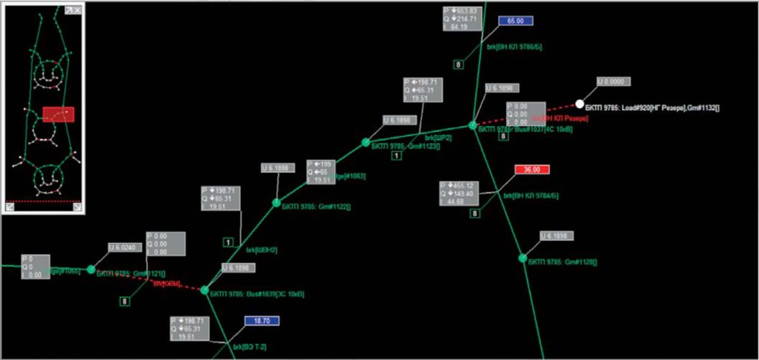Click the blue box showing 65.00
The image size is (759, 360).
tap(516, 21)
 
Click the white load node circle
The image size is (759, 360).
tap(580, 104)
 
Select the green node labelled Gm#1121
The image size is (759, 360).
tap(91, 270)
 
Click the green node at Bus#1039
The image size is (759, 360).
tap(205, 290)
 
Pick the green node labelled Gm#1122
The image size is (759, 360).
tap(276, 202)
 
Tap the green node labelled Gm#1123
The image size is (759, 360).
tap(365, 142)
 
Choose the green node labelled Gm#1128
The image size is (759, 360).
tap(523, 258)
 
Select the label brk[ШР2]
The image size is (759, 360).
tap(438, 137)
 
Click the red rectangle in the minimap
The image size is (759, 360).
tap(59, 114)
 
